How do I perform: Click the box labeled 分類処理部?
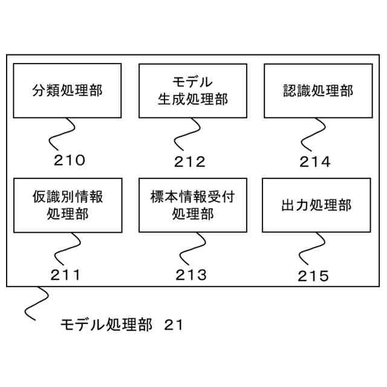[x=67, y=91]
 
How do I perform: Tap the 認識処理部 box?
[x=317, y=91]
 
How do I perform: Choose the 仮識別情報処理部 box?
[x=67, y=205]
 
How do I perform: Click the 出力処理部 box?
[x=316, y=205]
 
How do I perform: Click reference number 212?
[x=190, y=161]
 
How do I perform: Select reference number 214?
[x=315, y=161]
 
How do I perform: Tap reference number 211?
[x=65, y=275]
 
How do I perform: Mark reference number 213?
[x=191, y=275]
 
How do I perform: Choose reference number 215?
[x=313, y=276]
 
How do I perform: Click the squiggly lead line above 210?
[x=64, y=133]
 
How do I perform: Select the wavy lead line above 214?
[x=313, y=134]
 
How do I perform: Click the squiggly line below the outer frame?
[x=36, y=302]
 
